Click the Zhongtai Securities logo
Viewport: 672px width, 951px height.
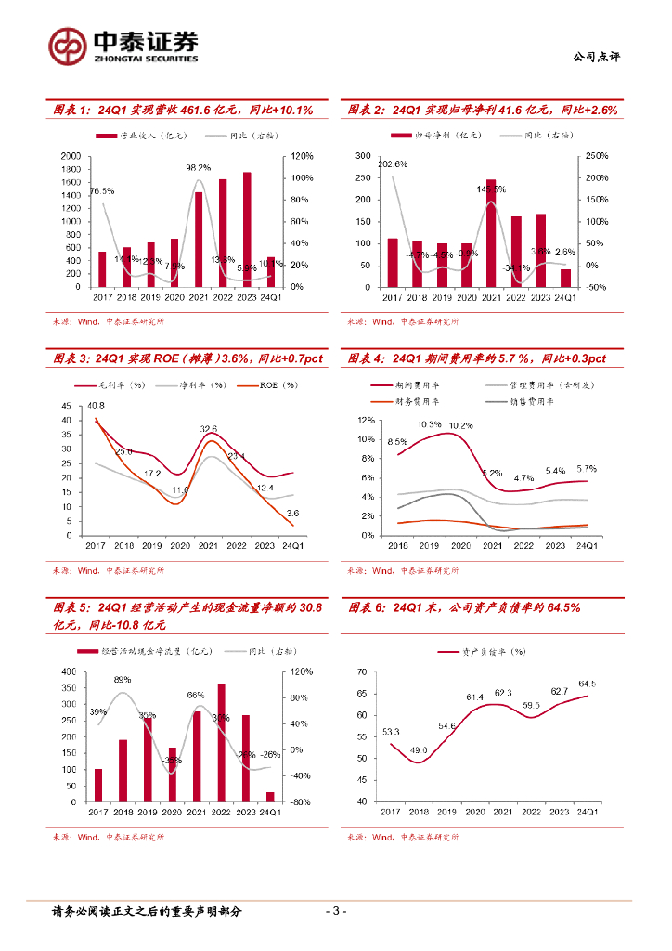[123, 44]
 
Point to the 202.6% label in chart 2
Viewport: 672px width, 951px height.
[369, 164]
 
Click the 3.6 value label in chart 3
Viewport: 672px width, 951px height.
[292, 513]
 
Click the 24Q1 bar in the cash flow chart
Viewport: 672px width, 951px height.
[270, 797]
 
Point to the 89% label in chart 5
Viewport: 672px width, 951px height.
[123, 680]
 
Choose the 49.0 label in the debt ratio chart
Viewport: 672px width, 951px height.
[420, 750]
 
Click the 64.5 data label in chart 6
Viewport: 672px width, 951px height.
[587, 684]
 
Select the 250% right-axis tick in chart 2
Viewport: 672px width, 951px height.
[596, 156]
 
